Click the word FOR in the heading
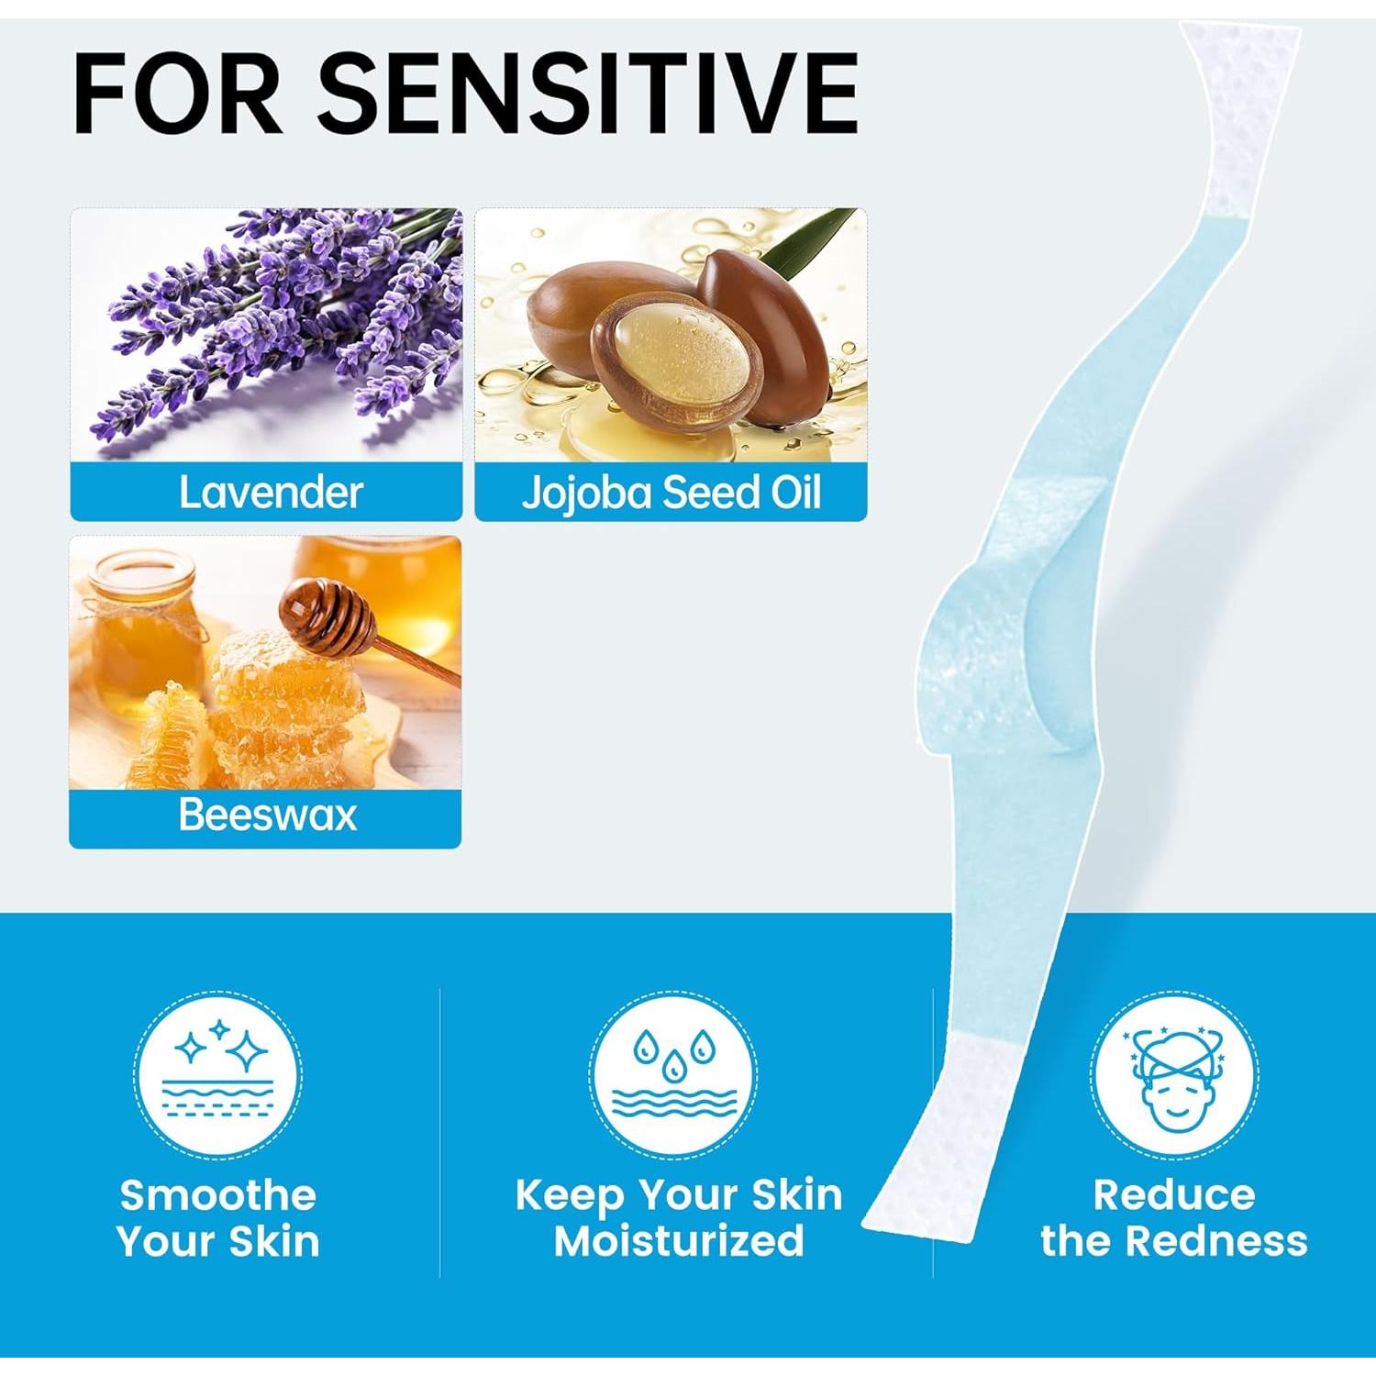pyautogui.click(x=177, y=93)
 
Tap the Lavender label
pyautogui.click(x=271, y=492)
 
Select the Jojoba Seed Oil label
pyautogui.click(x=671, y=492)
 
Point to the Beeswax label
pyautogui.click(x=267, y=815)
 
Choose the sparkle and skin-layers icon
pyautogui.click(x=218, y=1074)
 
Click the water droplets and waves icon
pyautogui.click(x=674, y=1074)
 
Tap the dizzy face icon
pyautogui.click(x=1174, y=1074)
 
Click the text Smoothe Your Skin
pyautogui.click(x=218, y=1218)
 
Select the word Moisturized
pyautogui.click(x=679, y=1241)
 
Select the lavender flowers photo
pyautogui.click(x=266, y=334)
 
